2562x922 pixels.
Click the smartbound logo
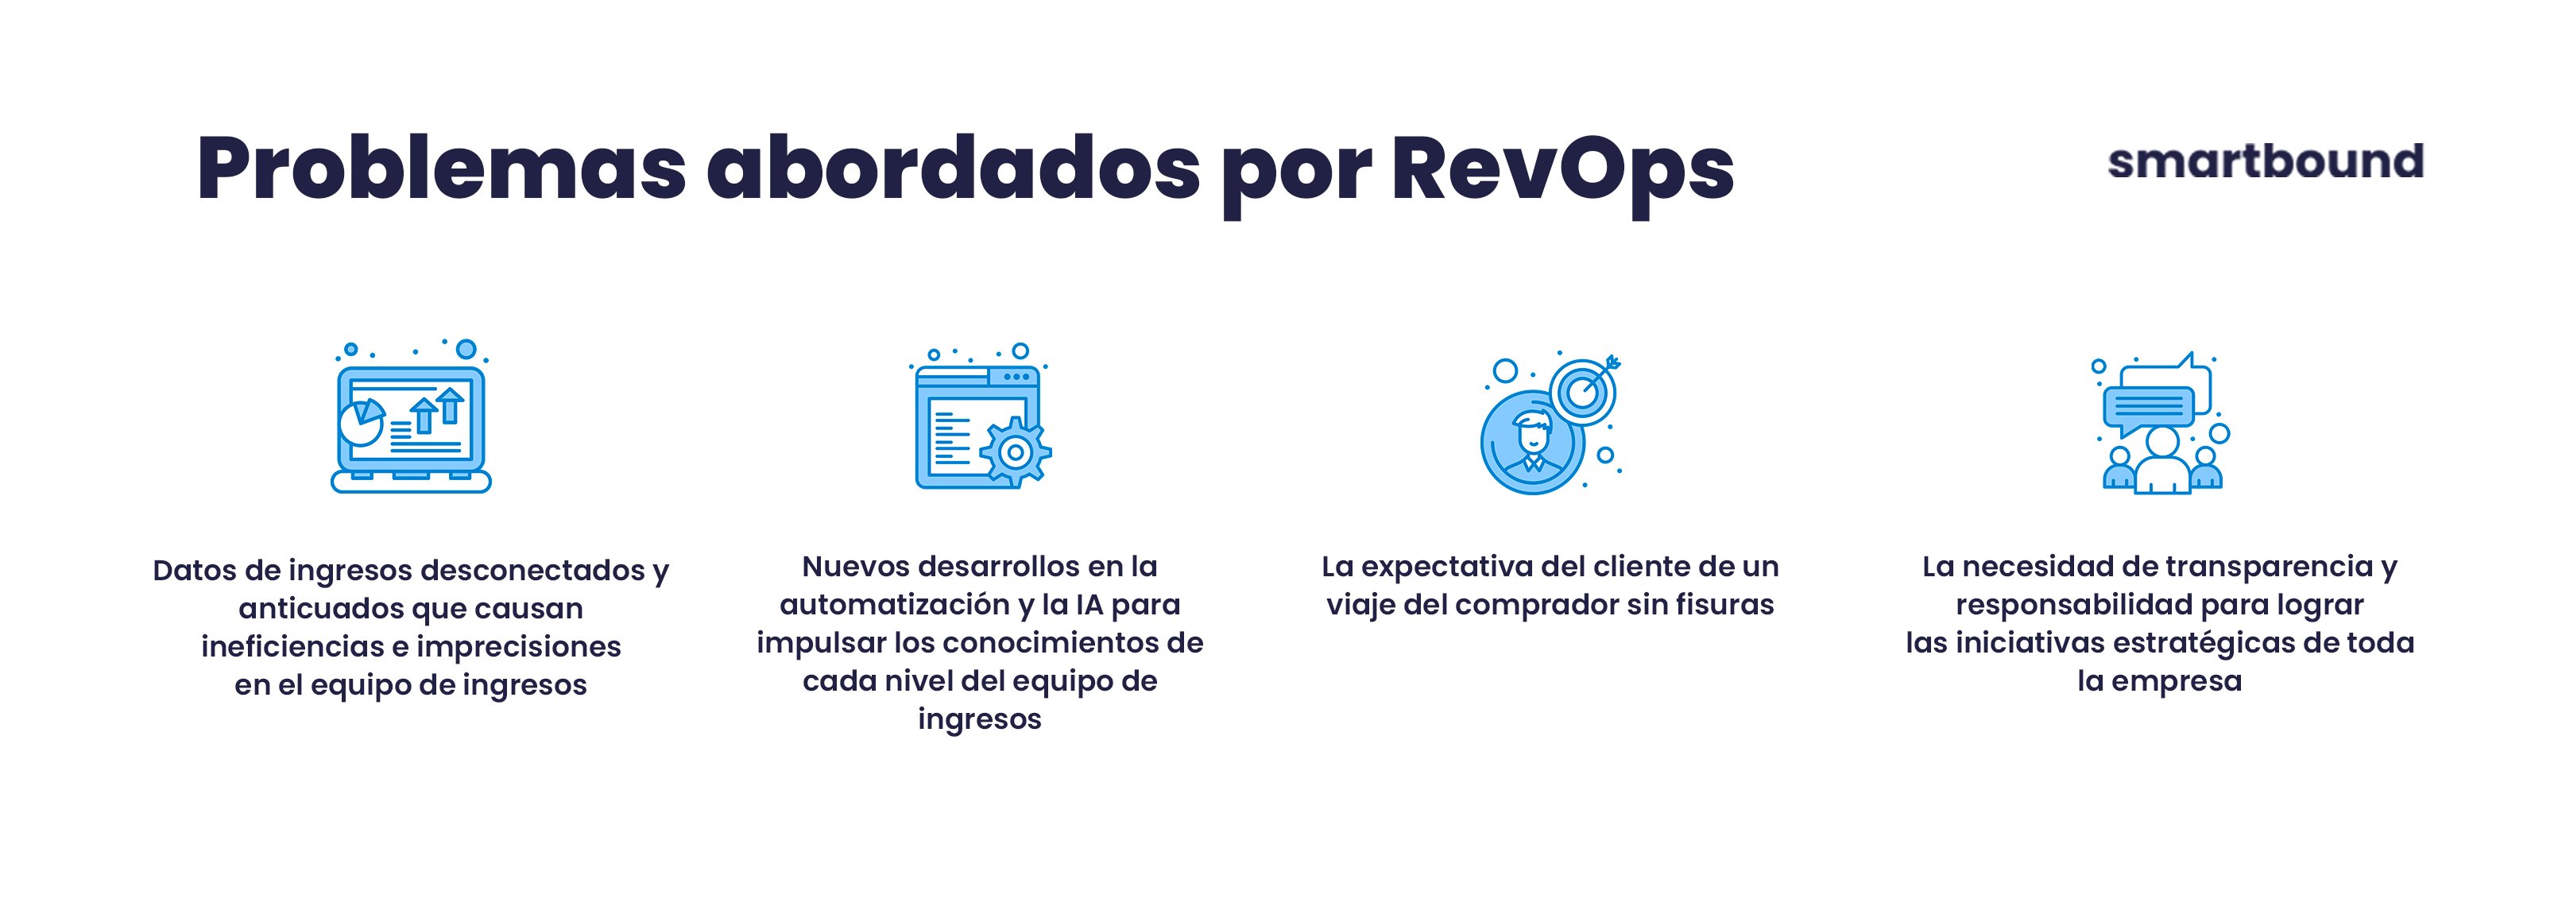click(x=2265, y=162)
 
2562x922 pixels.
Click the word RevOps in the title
click(x=1562, y=169)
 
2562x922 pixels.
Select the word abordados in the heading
click(x=953, y=169)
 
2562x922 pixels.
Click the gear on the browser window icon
click(x=1015, y=452)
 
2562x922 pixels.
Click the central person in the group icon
click(x=2162, y=463)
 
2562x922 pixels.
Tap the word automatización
click(x=894, y=604)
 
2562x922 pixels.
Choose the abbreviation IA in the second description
click(x=1089, y=604)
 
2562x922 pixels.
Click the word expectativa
click(x=1447, y=566)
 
